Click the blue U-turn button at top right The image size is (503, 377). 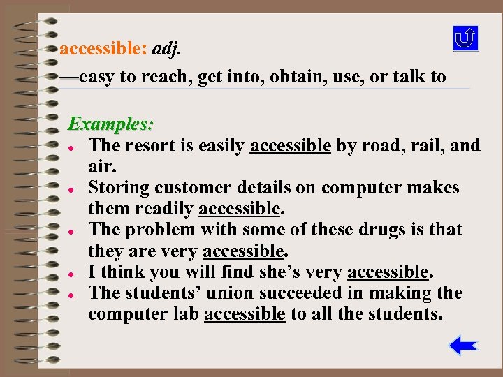point(465,38)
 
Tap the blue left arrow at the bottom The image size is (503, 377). point(462,346)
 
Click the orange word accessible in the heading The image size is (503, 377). point(103,49)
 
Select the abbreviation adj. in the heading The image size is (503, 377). point(170,49)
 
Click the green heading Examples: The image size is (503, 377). point(110,125)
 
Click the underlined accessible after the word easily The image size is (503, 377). point(290,146)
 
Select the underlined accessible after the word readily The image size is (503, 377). point(239,209)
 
